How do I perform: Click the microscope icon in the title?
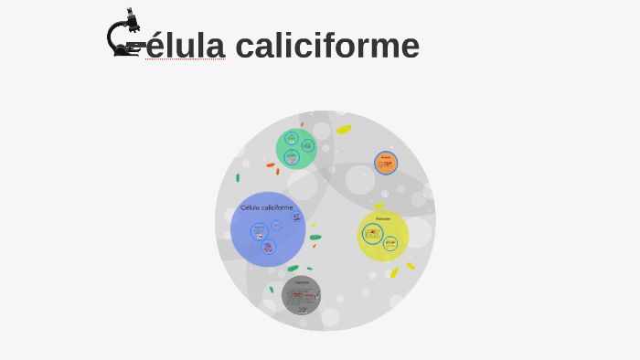pos(125,34)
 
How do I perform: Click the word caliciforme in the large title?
pos(326,46)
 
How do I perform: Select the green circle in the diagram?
pos(296,148)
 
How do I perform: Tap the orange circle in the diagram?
pos(386,163)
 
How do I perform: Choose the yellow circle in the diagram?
pos(383,236)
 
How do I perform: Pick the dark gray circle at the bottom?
pos(301,295)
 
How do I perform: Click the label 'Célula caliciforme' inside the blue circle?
pos(267,207)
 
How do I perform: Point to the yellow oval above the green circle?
pos(344,130)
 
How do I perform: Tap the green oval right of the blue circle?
pos(315,238)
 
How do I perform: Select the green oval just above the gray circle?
pos(293,269)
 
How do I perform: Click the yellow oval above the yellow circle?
pos(379,206)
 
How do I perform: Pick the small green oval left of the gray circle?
pos(272,290)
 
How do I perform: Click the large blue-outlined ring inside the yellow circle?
pos(373,234)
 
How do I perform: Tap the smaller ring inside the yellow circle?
pos(390,244)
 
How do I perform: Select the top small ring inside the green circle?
pos(291,138)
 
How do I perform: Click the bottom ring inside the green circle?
pos(292,157)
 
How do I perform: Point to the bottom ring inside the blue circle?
pos(268,247)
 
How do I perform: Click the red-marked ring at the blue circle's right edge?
pos(296,217)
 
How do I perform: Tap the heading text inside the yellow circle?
pos(383,218)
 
